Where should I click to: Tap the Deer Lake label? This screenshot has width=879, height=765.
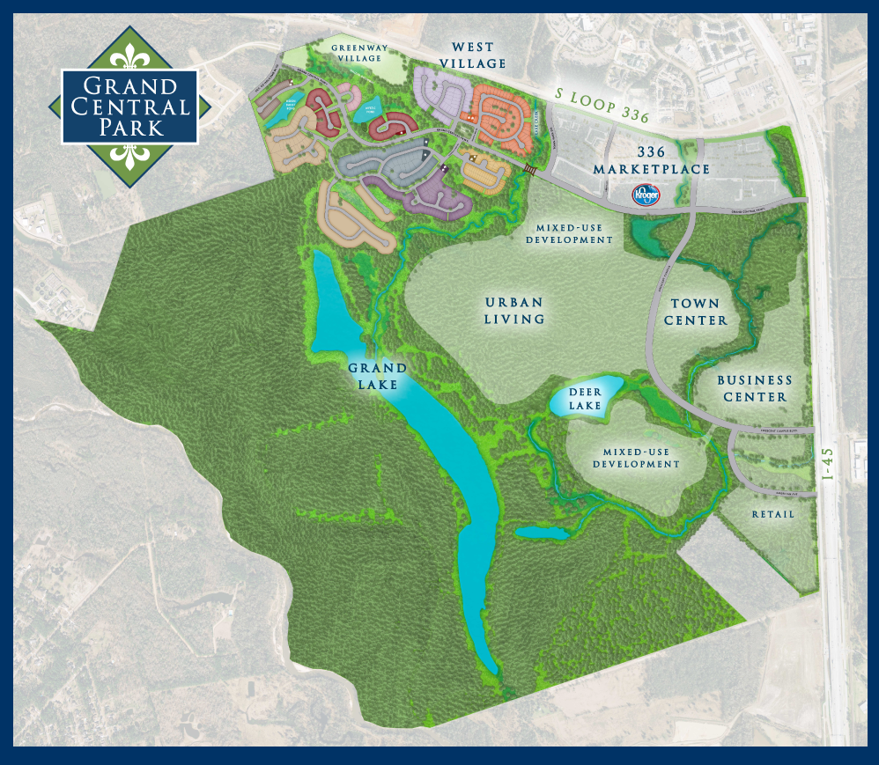coord(585,399)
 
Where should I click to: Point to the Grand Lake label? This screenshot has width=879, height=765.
coord(377,376)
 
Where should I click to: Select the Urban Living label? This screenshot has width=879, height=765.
coord(515,311)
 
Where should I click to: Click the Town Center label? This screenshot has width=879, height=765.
coord(696,312)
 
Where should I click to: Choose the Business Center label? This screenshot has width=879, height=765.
coord(754,388)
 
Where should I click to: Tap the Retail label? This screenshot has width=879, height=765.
coord(773,514)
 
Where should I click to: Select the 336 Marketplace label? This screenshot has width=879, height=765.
coord(652,161)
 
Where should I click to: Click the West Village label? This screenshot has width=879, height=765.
coord(479,55)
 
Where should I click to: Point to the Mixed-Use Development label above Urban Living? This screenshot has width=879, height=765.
coord(568,233)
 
